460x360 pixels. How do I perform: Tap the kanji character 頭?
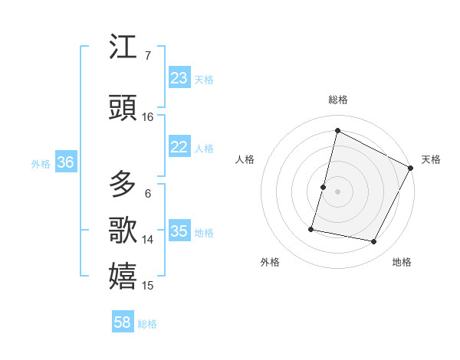pos(123,108)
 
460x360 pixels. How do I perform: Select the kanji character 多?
pos(123,184)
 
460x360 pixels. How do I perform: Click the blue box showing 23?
pos(179,78)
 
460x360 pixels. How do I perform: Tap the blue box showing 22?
pos(179,147)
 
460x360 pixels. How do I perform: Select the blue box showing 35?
pos(179,231)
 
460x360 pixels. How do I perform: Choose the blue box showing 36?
pos(65,162)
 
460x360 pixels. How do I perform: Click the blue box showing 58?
pos(123,322)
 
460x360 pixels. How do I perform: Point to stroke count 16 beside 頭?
pos(148,117)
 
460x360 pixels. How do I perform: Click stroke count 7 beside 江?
pos(147,56)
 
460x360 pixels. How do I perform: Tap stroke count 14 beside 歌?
pos(148,240)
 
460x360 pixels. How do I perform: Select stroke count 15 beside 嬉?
pos(148,286)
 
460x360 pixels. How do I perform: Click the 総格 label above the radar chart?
pos(337,100)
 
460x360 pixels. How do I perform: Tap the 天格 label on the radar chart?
pos(431,159)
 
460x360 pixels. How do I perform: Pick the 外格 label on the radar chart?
pos(270,262)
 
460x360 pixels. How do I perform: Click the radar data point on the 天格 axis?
pos(412,168)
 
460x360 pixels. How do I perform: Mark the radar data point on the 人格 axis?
pos(324,187)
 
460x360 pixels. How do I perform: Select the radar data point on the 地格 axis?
pos(374,242)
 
